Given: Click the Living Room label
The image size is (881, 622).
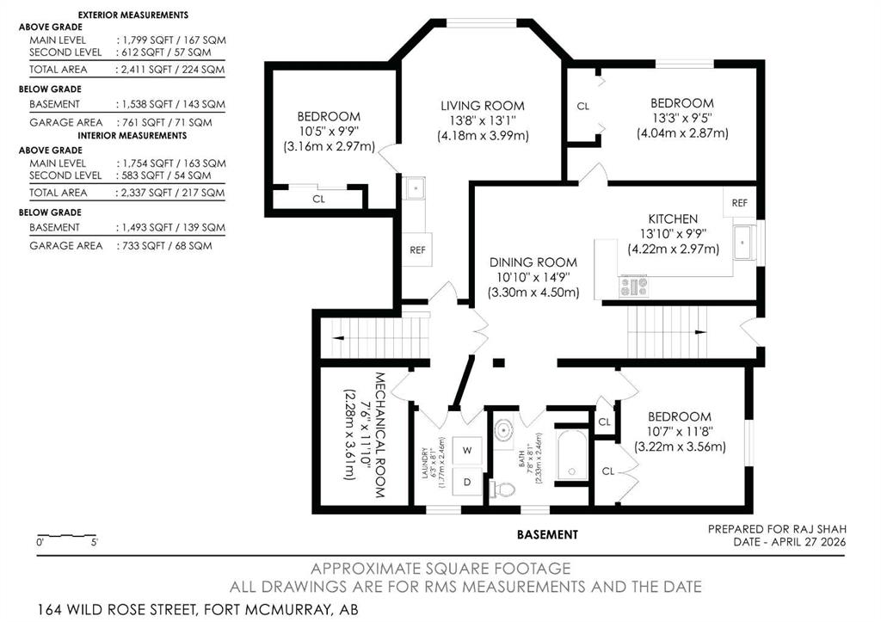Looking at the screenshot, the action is [483, 106].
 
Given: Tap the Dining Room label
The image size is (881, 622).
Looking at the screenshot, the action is [533, 262].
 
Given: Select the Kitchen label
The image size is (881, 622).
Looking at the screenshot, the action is [673, 219].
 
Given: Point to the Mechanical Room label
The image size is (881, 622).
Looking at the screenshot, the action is [379, 435].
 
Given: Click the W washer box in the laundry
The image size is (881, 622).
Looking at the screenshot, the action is [467, 450].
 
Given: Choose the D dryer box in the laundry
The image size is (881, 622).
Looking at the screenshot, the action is [467, 482].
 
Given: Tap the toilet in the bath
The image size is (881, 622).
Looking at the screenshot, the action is [502, 490].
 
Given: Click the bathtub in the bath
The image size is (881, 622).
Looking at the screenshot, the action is [572, 455].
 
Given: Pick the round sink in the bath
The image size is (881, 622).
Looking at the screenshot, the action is [504, 431].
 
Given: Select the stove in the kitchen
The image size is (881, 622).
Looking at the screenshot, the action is [633, 286].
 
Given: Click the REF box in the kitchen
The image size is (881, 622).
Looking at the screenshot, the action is [739, 203].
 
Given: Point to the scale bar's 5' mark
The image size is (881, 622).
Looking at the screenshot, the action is [95, 543].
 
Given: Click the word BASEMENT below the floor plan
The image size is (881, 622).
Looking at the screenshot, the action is [547, 535].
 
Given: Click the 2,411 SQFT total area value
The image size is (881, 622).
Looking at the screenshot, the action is [146, 70].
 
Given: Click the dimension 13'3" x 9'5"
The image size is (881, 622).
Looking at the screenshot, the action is [682, 119].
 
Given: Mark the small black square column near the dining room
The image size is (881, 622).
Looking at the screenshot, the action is [498, 363].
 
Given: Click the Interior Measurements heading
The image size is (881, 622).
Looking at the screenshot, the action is [132, 135].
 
